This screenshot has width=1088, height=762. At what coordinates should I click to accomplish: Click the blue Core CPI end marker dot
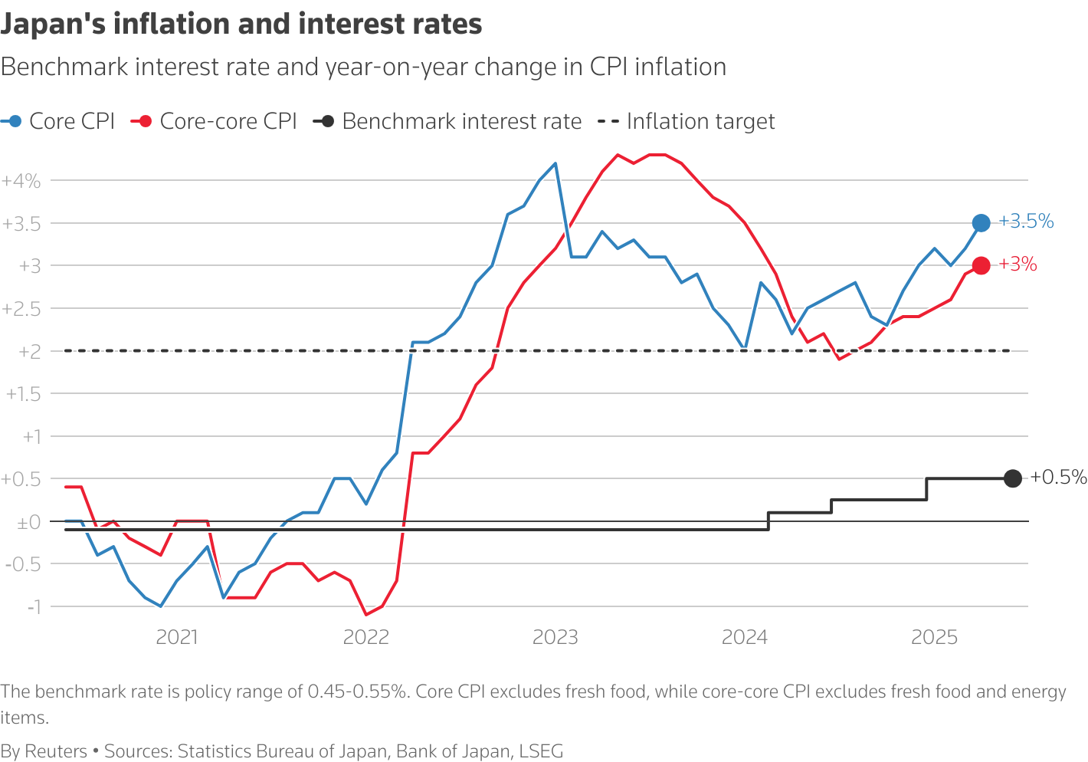tap(981, 223)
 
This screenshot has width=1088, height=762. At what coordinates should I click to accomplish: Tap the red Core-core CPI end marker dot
tap(981, 265)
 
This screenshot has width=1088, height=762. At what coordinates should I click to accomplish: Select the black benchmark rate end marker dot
tap(1012, 478)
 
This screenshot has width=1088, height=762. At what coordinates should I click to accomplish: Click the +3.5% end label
tap(1026, 222)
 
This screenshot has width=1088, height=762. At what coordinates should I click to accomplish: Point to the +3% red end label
tap(1018, 264)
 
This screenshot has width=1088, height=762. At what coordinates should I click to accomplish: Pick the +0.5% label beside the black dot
tap(1058, 477)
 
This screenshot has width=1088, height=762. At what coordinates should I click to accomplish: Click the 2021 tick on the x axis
tap(177, 637)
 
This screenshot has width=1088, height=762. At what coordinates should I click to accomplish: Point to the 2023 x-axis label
tap(555, 637)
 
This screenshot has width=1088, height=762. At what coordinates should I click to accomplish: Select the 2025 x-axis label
tap(934, 637)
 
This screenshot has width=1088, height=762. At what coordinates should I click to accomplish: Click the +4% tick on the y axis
tap(21, 181)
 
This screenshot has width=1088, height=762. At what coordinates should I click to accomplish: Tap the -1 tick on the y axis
tap(34, 606)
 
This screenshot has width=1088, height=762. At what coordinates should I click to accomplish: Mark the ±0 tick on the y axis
tap(29, 521)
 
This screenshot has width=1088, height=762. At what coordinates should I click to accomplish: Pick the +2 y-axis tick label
tap(30, 351)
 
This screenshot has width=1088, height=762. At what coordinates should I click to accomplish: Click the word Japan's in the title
tap(52, 25)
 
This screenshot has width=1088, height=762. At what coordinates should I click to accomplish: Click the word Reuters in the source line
tap(56, 751)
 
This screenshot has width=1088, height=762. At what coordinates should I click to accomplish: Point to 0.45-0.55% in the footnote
tap(356, 691)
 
